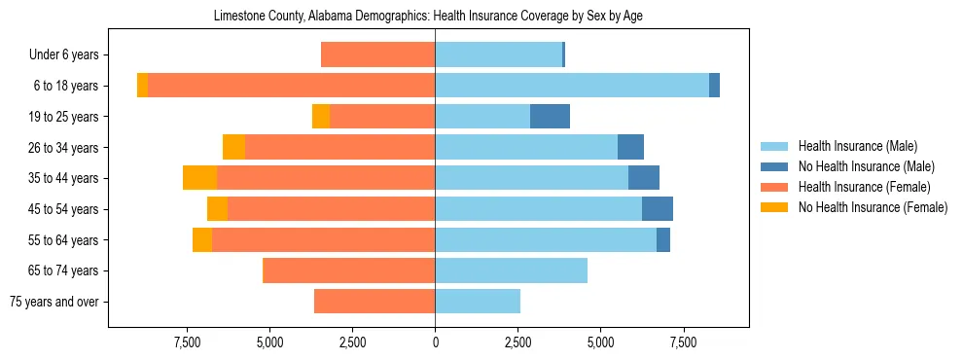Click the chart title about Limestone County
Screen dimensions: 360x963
(428, 17)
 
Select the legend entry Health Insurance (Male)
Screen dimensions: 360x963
(856, 146)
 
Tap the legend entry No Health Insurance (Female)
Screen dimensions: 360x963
(873, 207)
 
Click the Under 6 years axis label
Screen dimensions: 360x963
(63, 55)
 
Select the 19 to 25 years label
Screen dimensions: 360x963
(63, 117)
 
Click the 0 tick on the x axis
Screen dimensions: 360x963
(435, 342)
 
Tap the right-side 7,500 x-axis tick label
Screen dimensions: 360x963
(684, 342)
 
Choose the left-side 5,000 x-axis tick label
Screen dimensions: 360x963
(269, 342)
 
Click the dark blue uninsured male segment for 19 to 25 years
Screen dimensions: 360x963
(550, 117)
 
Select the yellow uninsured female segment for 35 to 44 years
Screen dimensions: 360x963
(199, 178)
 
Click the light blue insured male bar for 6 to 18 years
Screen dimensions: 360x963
(572, 86)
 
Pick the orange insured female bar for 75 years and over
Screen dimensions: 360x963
(374, 302)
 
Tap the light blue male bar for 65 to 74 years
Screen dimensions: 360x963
(511, 270)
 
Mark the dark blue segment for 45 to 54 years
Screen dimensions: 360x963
(658, 209)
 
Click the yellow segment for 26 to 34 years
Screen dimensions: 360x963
(233, 147)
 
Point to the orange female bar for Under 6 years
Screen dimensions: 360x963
(377, 55)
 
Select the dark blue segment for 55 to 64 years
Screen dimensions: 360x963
(663, 239)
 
